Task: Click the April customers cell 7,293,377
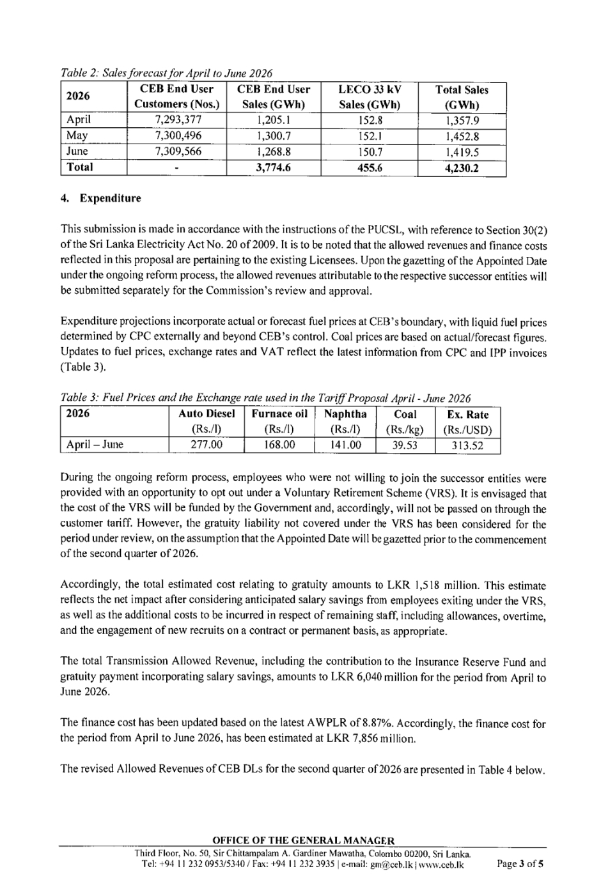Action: [x=177, y=120]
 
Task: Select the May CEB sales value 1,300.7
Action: [x=273, y=135]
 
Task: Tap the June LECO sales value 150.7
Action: [x=370, y=151]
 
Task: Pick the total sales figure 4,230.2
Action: [x=462, y=168]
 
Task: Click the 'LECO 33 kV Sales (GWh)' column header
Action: [x=370, y=96]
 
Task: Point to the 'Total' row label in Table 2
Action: [x=80, y=167]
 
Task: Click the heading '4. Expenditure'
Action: [x=100, y=198]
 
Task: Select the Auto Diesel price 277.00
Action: [x=207, y=445]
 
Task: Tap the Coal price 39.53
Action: [x=405, y=445]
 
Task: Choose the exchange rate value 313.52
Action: [x=467, y=445]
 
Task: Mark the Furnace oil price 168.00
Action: [x=279, y=445]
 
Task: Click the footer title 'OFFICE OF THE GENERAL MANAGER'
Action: [x=303, y=841]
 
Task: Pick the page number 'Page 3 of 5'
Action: [x=521, y=865]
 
